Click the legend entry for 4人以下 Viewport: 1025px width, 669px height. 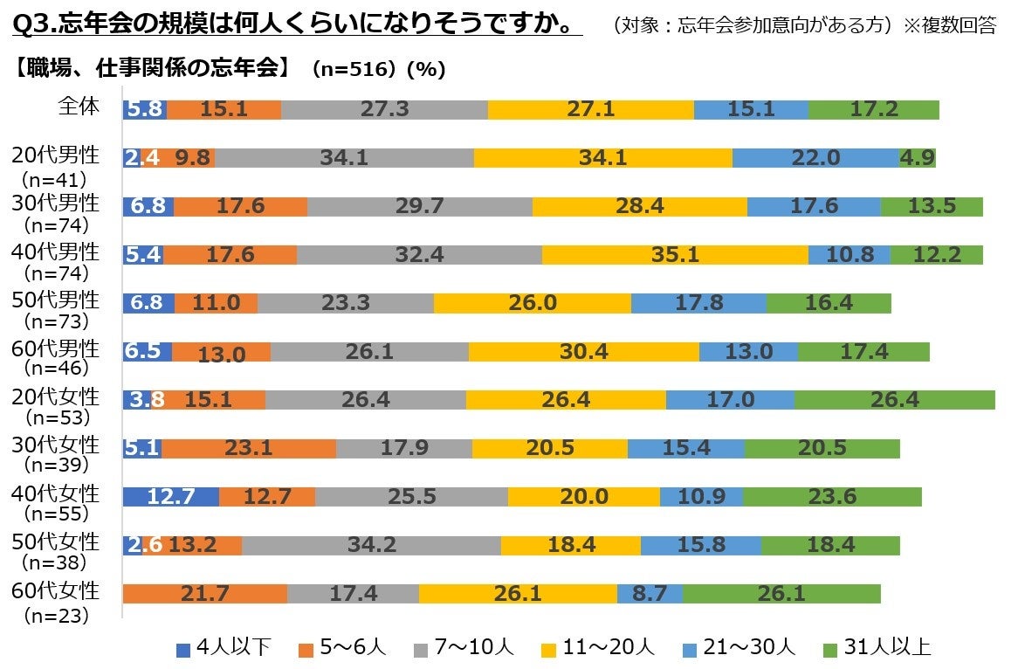click(x=224, y=648)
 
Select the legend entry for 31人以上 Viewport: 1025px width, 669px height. click(x=877, y=648)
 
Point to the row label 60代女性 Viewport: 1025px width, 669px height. click(x=55, y=591)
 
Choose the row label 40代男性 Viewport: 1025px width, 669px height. click(x=55, y=251)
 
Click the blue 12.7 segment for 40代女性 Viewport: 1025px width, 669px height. click(x=170, y=497)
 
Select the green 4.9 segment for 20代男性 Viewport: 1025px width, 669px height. click(x=917, y=158)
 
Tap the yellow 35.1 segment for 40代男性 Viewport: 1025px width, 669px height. click(x=675, y=255)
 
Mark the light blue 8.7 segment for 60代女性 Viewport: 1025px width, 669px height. click(x=649, y=594)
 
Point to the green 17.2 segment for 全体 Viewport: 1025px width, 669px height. click(x=873, y=110)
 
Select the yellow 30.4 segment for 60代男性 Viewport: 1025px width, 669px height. click(x=583, y=352)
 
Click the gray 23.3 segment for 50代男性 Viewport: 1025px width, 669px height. click(x=345, y=303)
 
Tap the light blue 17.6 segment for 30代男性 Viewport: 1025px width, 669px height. click(x=814, y=207)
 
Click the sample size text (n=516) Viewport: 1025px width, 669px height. click(x=349, y=71)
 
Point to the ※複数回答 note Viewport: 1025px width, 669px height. click(x=949, y=25)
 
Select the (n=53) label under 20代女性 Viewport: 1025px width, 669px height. click(x=55, y=417)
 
